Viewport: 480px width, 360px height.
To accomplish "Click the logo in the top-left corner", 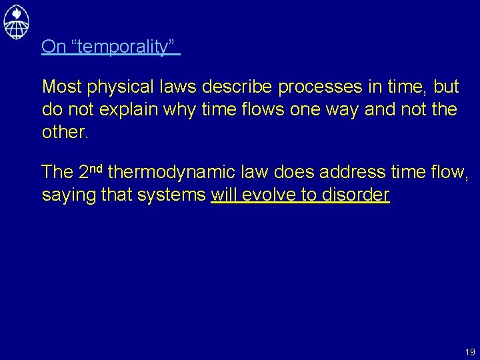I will click(x=17, y=21).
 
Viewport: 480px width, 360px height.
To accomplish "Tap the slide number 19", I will click(x=470, y=351).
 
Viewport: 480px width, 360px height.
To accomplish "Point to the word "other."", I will click(x=65, y=132).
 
